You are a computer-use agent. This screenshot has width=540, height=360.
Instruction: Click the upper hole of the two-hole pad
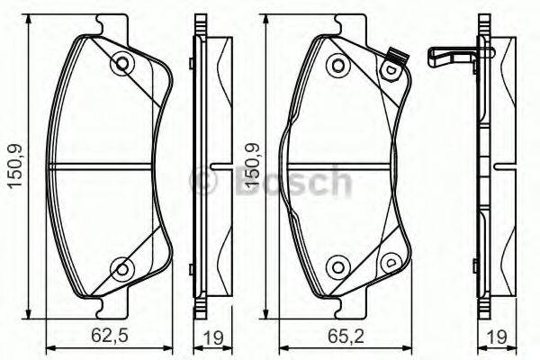click(121, 64)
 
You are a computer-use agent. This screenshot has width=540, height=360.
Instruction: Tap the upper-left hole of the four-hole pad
click(337, 65)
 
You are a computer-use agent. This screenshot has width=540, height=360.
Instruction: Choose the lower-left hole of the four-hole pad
click(337, 265)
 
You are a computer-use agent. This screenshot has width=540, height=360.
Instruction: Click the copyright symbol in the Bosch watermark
click(204, 182)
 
